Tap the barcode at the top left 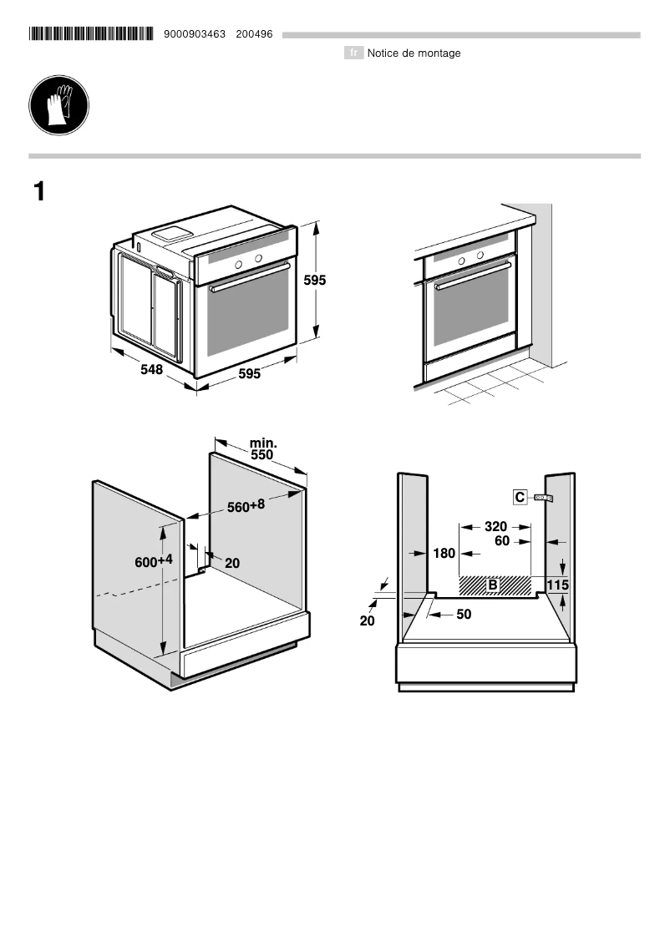point(91,34)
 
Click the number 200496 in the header point(255,34)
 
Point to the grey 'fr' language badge point(353,53)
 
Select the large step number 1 point(38,191)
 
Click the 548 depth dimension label point(151,369)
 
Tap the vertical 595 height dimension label point(314,281)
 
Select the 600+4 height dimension point(154,561)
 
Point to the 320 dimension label point(495,527)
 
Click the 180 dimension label point(444,554)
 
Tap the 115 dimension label point(557,585)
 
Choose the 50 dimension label point(464,615)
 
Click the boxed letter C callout point(520,498)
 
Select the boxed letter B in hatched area point(493,585)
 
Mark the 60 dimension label point(501,541)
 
